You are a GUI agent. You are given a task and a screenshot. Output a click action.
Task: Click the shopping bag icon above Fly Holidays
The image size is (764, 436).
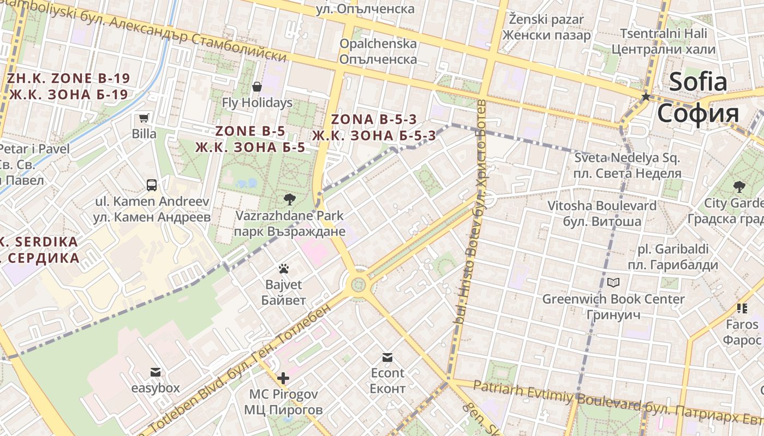(x=257, y=87)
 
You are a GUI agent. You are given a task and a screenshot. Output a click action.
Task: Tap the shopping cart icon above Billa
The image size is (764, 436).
(x=144, y=118)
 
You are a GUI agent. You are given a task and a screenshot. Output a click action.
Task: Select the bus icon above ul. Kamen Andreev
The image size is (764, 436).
(x=152, y=185)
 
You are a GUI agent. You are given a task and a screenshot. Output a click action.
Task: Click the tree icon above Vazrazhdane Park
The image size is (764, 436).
(x=289, y=199)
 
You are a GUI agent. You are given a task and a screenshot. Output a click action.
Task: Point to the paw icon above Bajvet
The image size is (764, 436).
(x=283, y=268)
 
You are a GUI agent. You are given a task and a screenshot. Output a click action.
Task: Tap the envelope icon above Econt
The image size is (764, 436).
(x=387, y=358)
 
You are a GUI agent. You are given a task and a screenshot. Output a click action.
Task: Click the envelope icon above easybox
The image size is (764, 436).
(x=156, y=372)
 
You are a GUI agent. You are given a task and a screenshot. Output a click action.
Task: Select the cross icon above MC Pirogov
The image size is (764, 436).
(x=283, y=378)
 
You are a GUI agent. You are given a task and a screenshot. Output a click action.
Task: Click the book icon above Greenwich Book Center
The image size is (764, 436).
(x=613, y=282)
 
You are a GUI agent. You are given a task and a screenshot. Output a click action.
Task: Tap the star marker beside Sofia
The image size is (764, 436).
(x=646, y=96)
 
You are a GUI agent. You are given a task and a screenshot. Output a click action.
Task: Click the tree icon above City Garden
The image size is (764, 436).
(x=739, y=187)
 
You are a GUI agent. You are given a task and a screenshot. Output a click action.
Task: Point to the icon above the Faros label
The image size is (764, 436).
(x=742, y=308)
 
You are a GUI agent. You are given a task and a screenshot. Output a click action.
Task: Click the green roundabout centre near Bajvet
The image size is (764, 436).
(x=358, y=284)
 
